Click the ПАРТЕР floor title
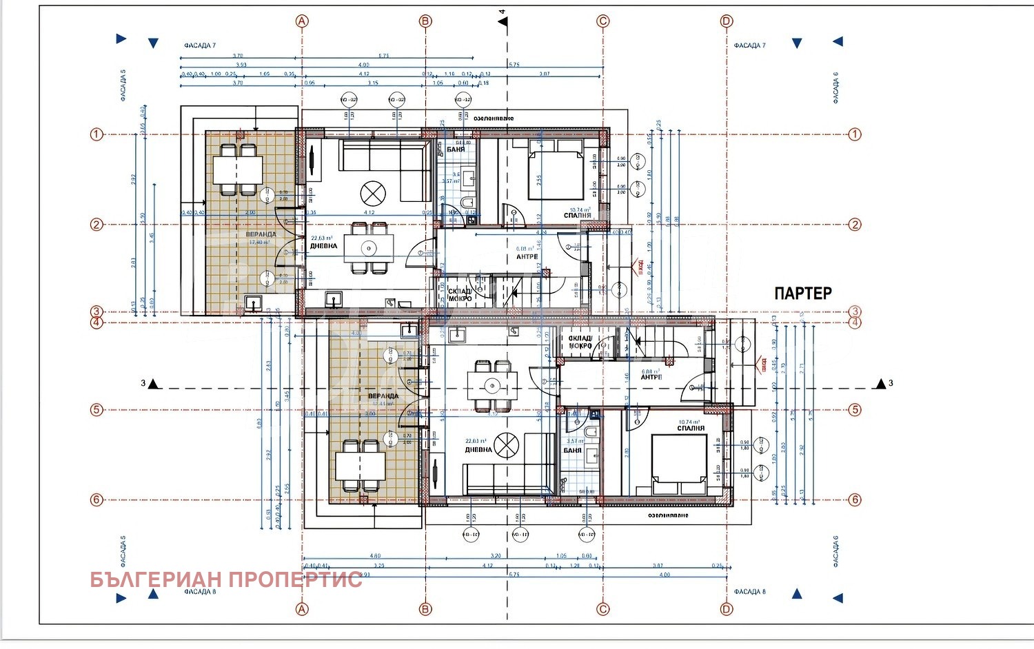pos(802,293)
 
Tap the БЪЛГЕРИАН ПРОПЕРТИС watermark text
pos(226,579)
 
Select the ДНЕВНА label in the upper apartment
pos(323,246)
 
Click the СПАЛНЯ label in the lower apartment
pos(691,429)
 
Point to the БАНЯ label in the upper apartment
pos(456,149)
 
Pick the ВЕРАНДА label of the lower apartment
pos(383,396)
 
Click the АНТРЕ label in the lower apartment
pos(651,377)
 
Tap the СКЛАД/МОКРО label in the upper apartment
pos(460,295)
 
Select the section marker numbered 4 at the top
pos(503,21)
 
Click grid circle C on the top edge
pos(603,21)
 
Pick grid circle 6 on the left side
pos(97,500)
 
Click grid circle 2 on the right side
pos(855,225)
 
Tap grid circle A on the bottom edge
pos(302,609)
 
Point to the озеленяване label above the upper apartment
pos(494,119)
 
